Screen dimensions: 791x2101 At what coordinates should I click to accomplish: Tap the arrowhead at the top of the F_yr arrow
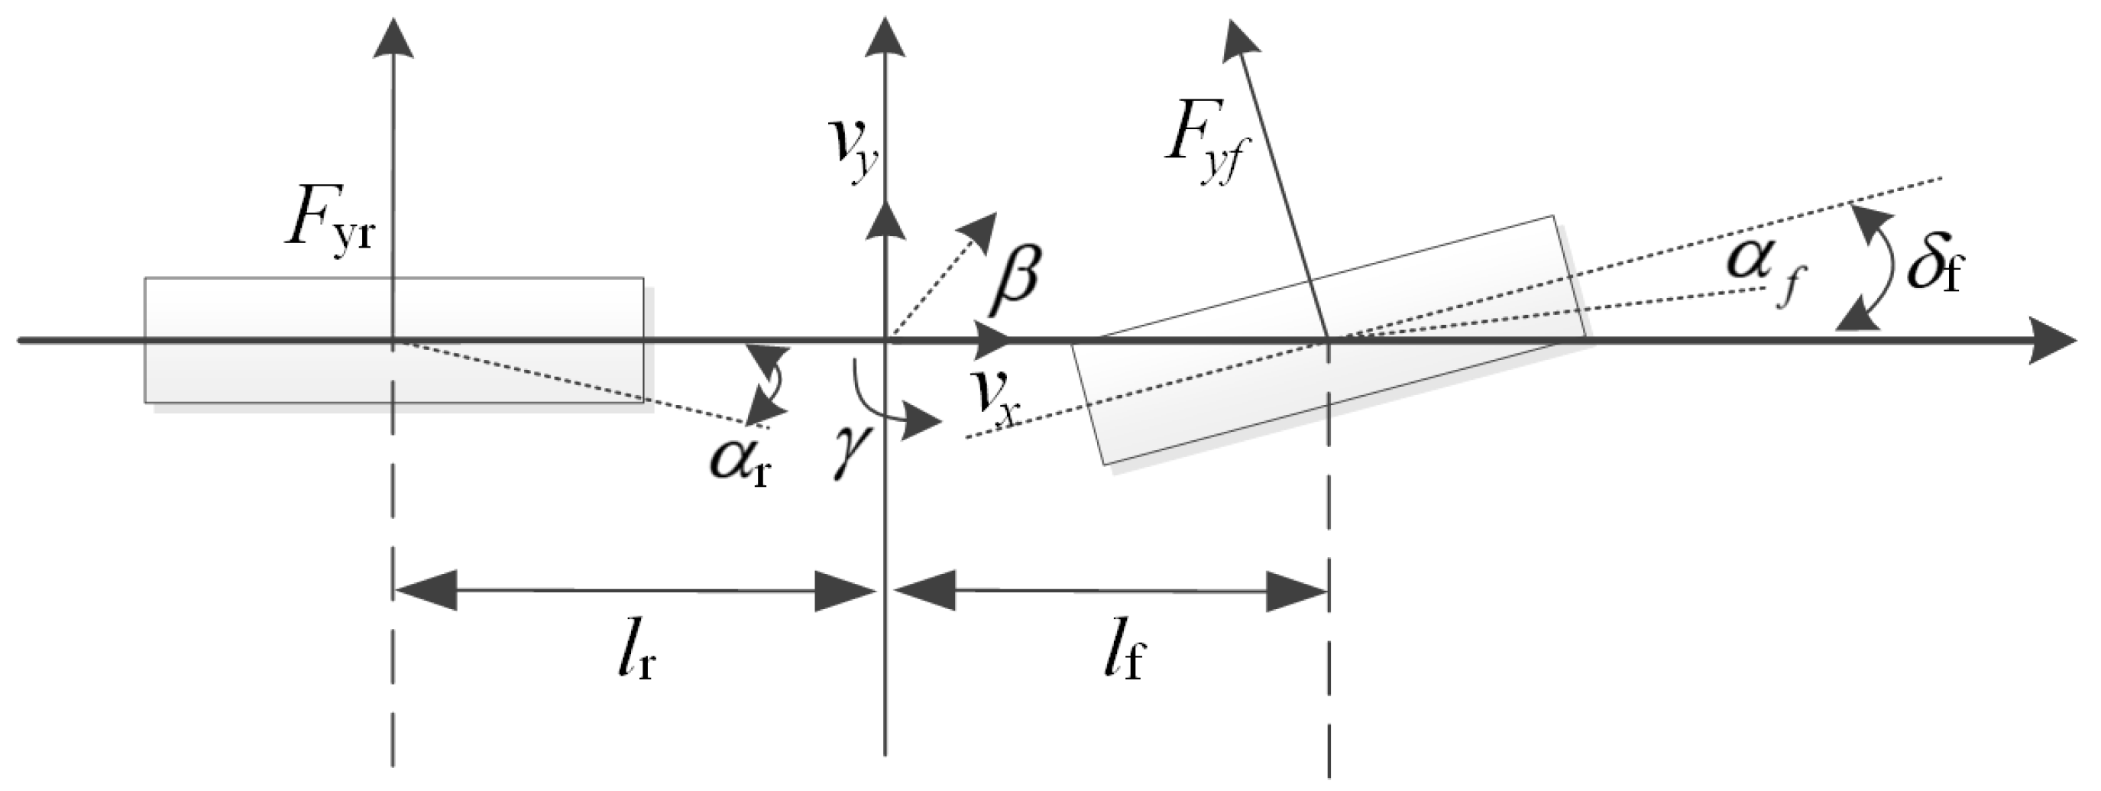pos(393,38)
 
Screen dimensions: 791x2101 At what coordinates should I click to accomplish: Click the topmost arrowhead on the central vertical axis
pos(885,38)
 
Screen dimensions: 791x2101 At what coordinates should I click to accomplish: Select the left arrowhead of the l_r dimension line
pos(424,591)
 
